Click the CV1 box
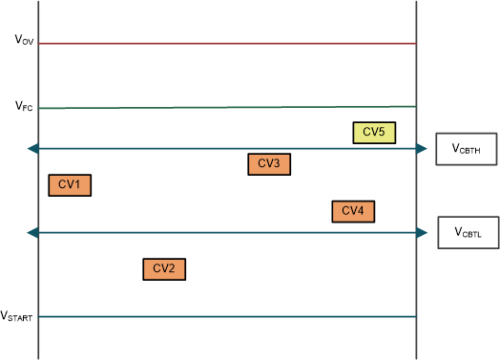(70, 185)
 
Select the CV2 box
(163, 269)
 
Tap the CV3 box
(268, 164)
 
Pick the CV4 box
(353, 211)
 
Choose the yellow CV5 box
(374, 133)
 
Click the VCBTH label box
(465, 149)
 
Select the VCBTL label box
(467, 233)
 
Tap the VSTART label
(18, 315)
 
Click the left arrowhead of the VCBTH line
(34, 149)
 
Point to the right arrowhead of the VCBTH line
(422, 149)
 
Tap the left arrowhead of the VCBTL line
(34, 233)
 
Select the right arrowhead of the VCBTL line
(422, 233)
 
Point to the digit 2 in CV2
(173, 269)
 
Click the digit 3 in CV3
(278, 164)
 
